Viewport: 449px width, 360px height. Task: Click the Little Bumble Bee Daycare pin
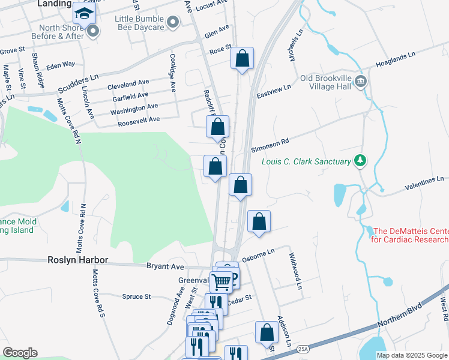(173, 23)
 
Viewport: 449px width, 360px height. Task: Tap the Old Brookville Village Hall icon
(361, 82)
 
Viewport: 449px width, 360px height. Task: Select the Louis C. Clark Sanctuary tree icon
(360, 161)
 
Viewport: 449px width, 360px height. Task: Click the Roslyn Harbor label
(78, 260)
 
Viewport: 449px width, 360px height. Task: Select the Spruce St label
(136, 296)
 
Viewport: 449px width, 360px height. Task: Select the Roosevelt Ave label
(139, 119)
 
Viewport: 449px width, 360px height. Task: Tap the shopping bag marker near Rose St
(242, 59)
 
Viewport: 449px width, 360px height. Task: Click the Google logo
(20, 353)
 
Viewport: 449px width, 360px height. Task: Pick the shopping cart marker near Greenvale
(221, 280)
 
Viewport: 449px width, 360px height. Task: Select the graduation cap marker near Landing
(84, 13)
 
